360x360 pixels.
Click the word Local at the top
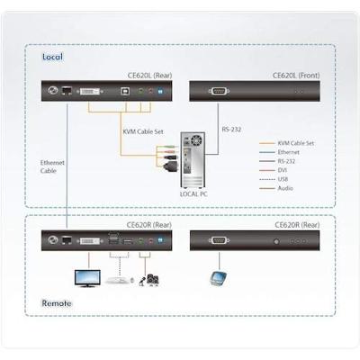[52, 57]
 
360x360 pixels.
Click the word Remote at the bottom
[57, 303]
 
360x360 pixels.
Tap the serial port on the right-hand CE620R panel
[219, 240]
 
